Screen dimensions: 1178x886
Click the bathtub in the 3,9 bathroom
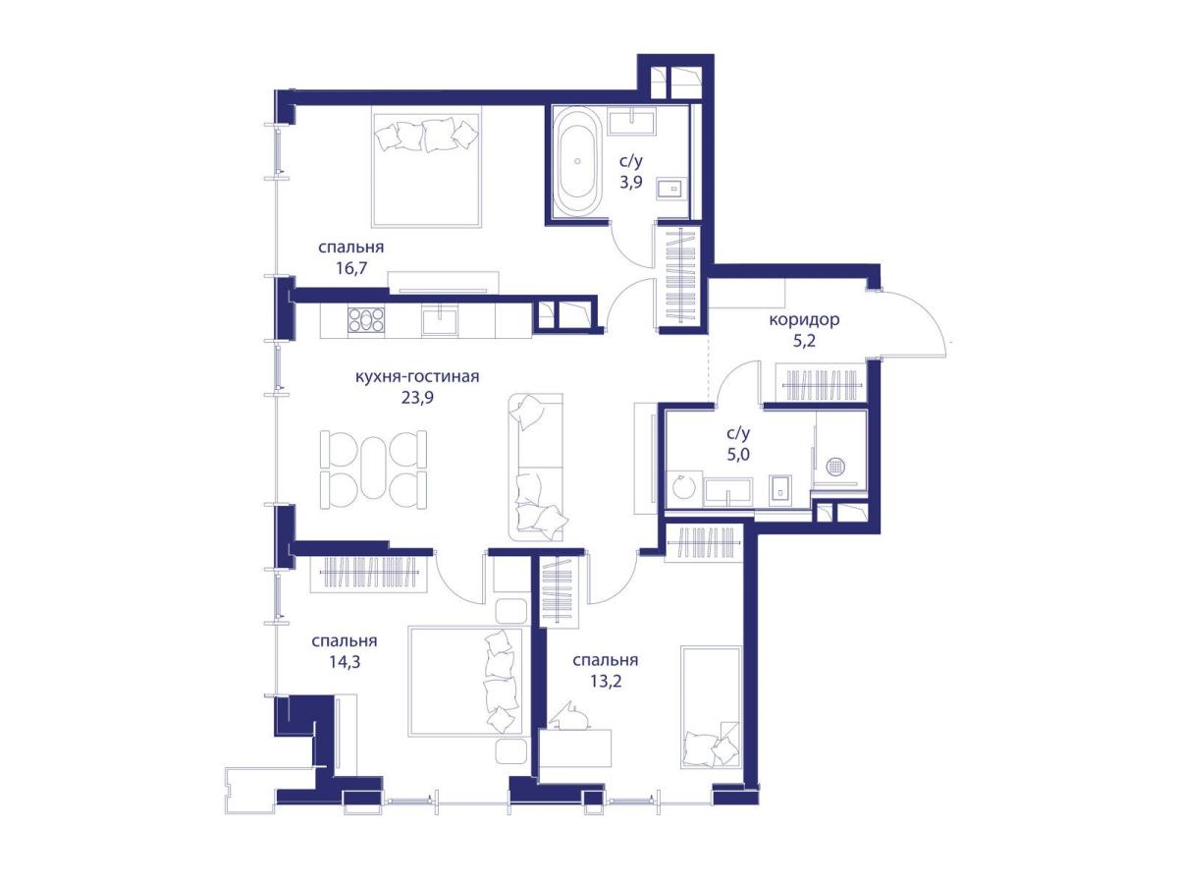(x=577, y=160)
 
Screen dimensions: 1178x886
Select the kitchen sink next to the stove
(x=440, y=320)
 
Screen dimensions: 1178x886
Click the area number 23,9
(x=417, y=398)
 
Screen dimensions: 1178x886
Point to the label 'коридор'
(x=804, y=320)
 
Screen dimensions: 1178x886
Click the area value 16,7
(x=351, y=268)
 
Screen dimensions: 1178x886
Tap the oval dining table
(x=373, y=467)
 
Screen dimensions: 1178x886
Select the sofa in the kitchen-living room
(x=535, y=468)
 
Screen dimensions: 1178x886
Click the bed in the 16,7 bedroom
(x=427, y=166)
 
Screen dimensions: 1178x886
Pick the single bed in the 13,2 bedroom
(x=711, y=707)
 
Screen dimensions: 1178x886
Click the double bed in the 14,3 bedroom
(x=465, y=681)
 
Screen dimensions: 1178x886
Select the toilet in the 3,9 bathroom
(x=669, y=189)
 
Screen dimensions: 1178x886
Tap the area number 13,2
(x=606, y=682)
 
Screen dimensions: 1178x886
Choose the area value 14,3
(x=345, y=662)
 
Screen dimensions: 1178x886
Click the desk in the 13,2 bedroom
(x=575, y=748)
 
